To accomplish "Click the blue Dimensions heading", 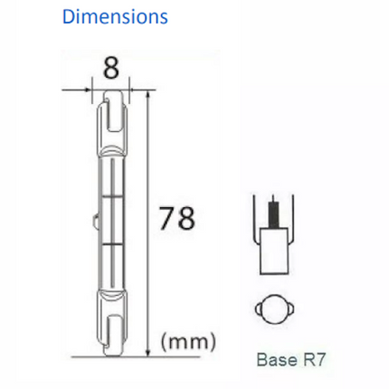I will click(x=115, y=17).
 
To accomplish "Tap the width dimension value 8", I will click(x=110, y=67).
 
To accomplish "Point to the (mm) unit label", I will click(x=188, y=342).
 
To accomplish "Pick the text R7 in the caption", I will click(x=316, y=359).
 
